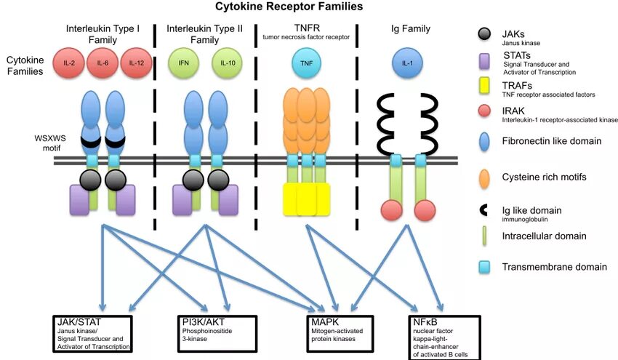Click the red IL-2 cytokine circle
(68, 63)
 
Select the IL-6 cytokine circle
(103, 63)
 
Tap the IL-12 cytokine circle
(137, 63)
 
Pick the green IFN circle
(184, 63)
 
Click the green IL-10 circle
(228, 63)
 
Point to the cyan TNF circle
(306, 63)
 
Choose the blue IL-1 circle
(407, 63)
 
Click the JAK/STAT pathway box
(93, 334)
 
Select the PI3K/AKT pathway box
(217, 334)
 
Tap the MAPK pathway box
(340, 334)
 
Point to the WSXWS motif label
(50, 143)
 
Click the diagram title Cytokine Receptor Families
(289, 7)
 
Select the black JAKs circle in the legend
(484, 34)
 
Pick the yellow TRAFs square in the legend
(484, 86)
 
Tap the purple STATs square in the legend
(484, 62)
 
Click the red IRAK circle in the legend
(484, 111)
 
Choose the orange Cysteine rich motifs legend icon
(484, 179)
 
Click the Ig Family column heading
(411, 29)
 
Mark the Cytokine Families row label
(25, 65)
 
